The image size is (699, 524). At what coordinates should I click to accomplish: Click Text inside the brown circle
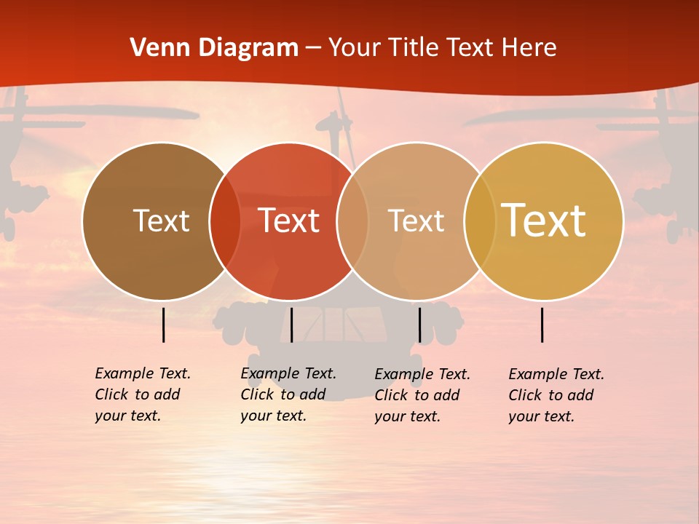point(161,221)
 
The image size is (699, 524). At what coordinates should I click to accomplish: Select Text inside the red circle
point(288,221)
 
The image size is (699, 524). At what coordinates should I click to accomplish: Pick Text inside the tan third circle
point(416,221)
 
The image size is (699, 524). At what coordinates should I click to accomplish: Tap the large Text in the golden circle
point(543,221)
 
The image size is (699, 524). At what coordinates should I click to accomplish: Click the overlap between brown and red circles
point(225,221)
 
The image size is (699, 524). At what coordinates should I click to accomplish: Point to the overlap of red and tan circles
point(352,221)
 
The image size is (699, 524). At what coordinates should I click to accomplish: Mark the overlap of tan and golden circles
point(480,221)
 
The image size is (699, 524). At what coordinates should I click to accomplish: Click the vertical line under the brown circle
point(164,325)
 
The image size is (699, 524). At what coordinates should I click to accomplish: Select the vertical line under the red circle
point(291,325)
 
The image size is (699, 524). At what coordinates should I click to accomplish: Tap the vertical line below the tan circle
point(419,325)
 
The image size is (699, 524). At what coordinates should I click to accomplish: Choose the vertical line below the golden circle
point(542,325)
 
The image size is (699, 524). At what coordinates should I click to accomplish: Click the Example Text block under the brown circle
point(142,394)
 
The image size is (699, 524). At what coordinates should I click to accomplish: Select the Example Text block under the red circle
point(288,394)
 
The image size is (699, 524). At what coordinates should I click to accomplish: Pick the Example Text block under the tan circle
point(422,395)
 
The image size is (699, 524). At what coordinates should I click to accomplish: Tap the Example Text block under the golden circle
point(556,395)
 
